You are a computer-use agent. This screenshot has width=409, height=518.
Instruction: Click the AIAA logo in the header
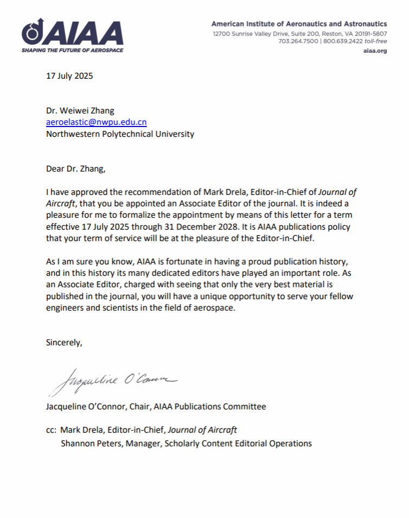[72, 33]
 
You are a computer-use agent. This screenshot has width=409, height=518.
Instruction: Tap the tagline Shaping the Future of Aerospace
[72, 50]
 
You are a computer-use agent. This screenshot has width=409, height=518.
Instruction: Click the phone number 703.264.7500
[298, 41]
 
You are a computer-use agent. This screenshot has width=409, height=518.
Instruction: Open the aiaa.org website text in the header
[375, 50]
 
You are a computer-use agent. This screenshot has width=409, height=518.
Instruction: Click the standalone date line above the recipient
[69, 75]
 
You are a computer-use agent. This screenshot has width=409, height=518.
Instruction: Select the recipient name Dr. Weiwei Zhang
[80, 111]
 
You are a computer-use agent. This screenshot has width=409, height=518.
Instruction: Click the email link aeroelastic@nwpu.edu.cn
[97, 122]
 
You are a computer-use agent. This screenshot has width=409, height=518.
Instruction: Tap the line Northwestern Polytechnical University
[120, 134]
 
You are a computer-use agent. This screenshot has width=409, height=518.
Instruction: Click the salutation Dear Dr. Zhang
[76, 168]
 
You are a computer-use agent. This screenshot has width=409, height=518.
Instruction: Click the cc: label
[52, 429]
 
